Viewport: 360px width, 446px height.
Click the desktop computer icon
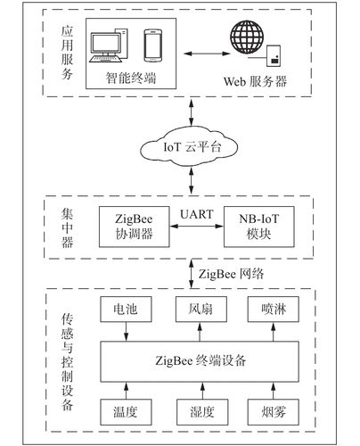[x=114, y=47]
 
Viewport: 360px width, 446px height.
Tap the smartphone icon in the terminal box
[x=152, y=46]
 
